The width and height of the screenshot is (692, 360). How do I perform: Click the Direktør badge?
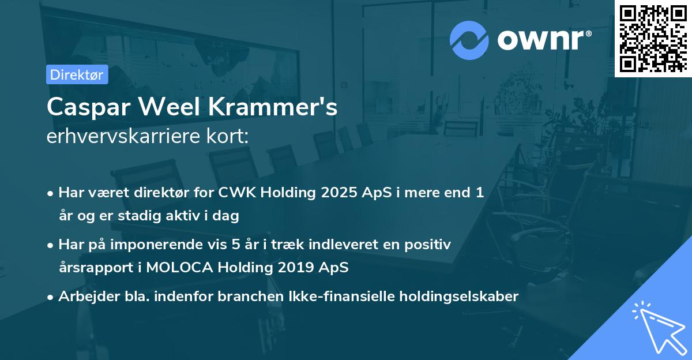77,74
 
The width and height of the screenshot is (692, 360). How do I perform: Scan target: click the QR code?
653,38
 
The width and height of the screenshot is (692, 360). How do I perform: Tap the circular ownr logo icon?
469,40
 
